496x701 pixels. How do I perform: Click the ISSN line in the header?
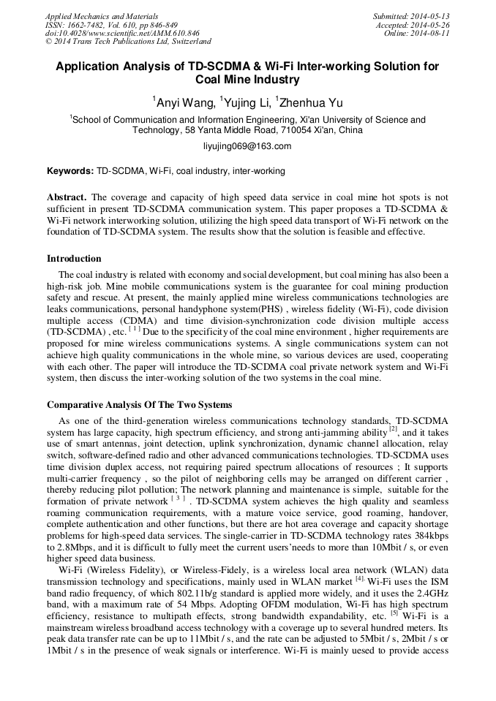pyautogui.click(x=110, y=24)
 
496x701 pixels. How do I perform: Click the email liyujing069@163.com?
pyautogui.click(x=247, y=146)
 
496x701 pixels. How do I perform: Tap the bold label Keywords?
pyautogui.click(x=70, y=171)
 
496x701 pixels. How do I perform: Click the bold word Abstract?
pyautogui.click(x=67, y=197)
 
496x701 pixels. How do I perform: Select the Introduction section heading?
pyautogui.click(x=74, y=258)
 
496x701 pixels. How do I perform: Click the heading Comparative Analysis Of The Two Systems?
pyautogui.click(x=139, y=404)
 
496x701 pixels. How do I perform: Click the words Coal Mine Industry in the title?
pyautogui.click(x=247, y=80)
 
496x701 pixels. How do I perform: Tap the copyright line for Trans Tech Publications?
pyautogui.click(x=128, y=42)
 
